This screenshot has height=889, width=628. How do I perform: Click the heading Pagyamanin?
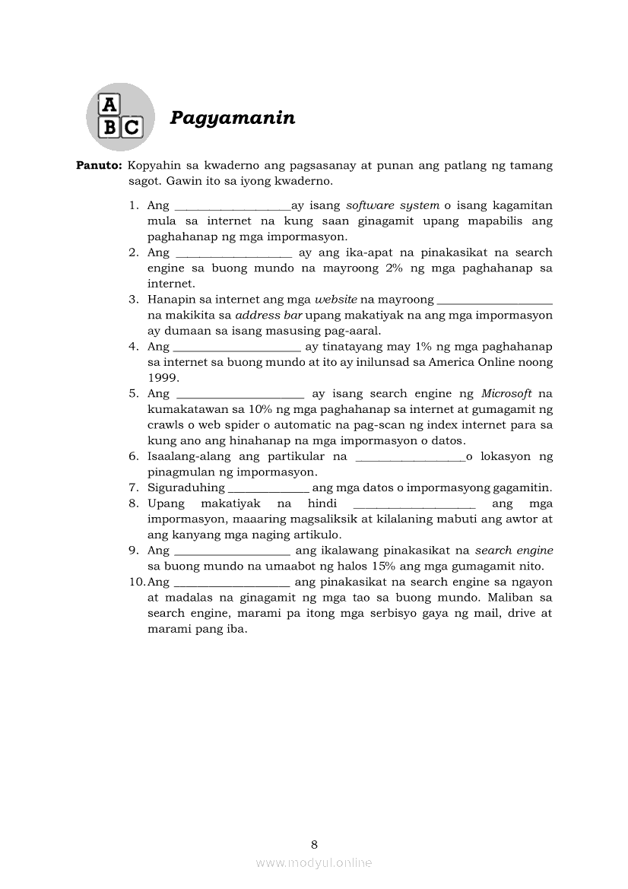click(232, 118)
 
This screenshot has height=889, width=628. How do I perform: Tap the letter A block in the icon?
click(111, 105)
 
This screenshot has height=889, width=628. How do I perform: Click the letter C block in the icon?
click(132, 127)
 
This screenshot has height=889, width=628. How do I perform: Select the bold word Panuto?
click(99, 166)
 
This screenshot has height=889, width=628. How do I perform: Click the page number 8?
click(314, 844)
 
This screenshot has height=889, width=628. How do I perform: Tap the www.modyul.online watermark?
click(314, 862)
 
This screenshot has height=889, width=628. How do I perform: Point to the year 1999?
click(163, 377)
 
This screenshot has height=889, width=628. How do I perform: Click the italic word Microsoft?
click(506, 393)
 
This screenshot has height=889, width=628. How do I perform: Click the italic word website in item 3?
click(335, 299)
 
